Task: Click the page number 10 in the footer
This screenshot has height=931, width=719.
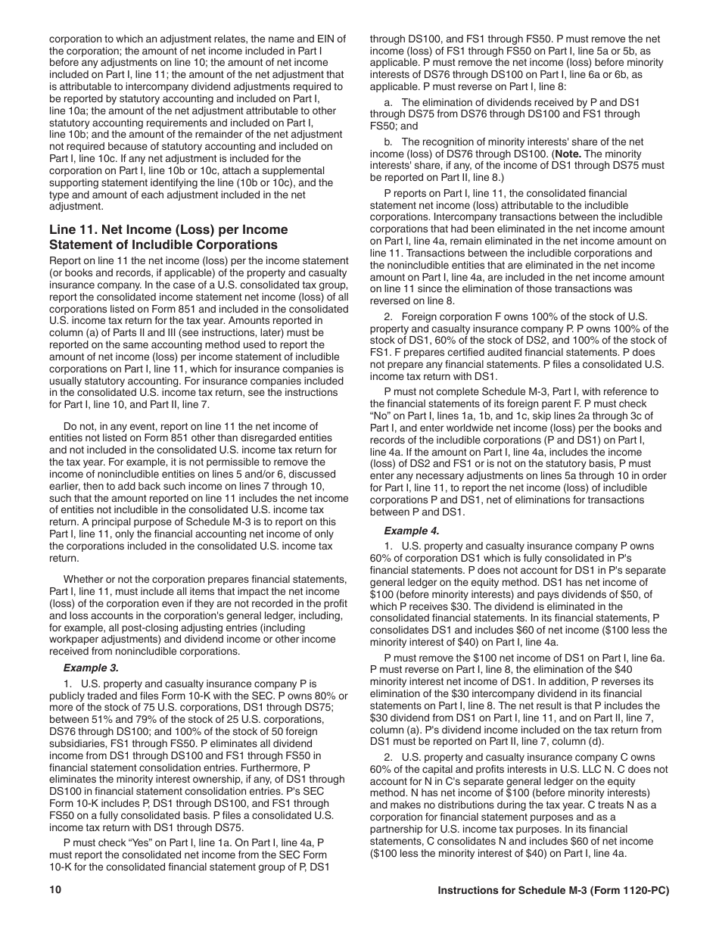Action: click(x=54, y=890)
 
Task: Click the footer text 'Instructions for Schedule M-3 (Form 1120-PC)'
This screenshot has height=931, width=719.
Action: click(x=553, y=890)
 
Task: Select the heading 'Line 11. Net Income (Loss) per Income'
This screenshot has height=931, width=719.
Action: click(x=168, y=229)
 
